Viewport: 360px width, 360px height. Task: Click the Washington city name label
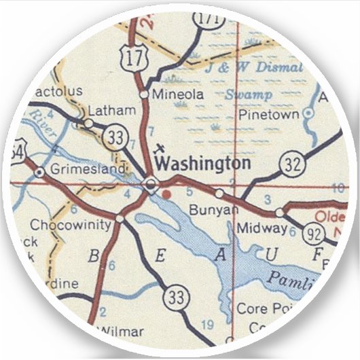click(x=202, y=163)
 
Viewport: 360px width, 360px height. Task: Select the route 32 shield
click(x=291, y=164)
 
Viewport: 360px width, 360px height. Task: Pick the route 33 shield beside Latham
click(x=117, y=138)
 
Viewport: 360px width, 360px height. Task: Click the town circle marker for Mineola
click(x=144, y=94)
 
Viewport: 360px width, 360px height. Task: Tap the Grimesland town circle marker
click(x=39, y=173)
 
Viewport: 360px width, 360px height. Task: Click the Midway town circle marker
click(x=279, y=213)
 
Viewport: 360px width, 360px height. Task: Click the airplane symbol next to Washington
click(x=160, y=148)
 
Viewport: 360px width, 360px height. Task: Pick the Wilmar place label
click(x=123, y=331)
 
